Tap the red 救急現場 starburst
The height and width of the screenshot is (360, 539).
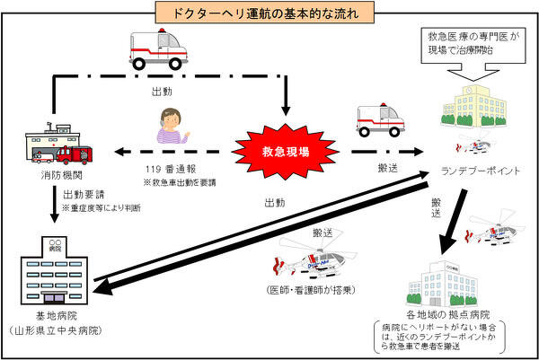[285, 150]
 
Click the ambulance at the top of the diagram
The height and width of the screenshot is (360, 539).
[160, 49]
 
